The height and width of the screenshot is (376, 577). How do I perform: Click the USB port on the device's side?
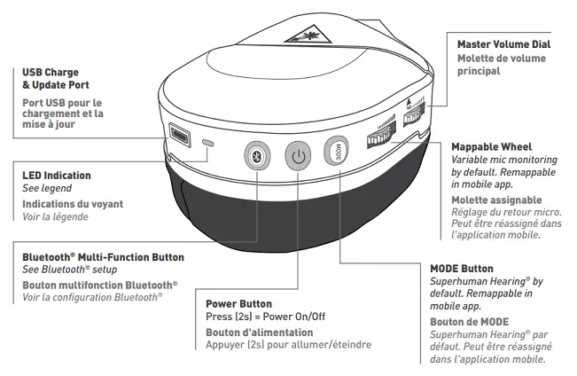[180, 136]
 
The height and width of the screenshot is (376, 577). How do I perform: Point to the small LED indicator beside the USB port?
[207, 142]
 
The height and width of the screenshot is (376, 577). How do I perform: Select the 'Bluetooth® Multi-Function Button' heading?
[103, 257]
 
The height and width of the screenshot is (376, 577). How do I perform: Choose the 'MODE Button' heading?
[462, 268]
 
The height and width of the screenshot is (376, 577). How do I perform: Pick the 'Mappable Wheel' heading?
[491, 146]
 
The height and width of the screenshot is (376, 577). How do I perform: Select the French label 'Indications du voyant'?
[73, 204]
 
